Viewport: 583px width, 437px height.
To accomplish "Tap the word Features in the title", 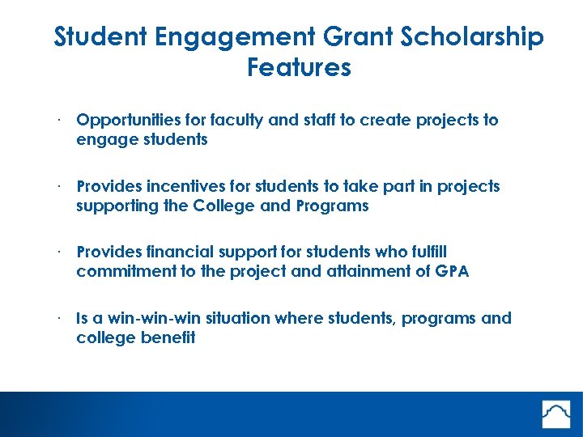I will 299,67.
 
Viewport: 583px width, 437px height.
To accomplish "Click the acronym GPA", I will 450,272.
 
